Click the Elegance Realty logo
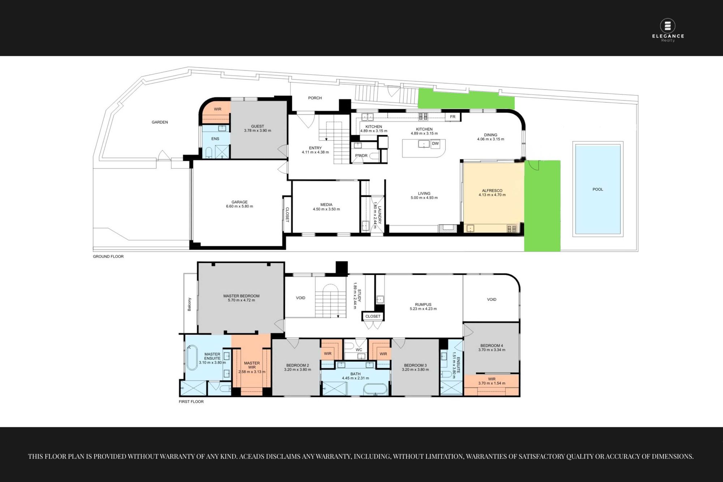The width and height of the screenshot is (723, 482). click(668, 30)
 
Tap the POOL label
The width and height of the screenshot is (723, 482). click(598, 189)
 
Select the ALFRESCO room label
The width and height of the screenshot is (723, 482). click(492, 191)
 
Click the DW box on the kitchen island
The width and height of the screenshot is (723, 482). click(435, 144)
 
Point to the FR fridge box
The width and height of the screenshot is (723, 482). click(453, 117)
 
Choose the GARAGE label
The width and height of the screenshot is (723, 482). click(239, 202)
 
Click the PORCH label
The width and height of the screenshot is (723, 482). click(315, 98)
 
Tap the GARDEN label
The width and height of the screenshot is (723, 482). click(160, 122)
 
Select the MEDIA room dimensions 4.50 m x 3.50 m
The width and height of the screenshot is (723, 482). click(326, 209)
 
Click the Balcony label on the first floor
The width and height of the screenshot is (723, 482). click(189, 304)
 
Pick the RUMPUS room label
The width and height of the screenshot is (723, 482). click(423, 305)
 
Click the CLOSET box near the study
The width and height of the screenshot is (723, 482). click(373, 316)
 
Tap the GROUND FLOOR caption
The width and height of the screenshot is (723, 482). click(108, 257)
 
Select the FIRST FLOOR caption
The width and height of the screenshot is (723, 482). click(191, 402)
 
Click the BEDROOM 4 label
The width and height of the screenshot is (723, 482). click(492, 346)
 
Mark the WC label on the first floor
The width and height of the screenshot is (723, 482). click(359, 350)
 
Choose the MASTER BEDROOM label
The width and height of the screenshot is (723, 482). click(241, 296)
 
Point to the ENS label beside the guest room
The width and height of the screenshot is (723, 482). click(215, 139)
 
